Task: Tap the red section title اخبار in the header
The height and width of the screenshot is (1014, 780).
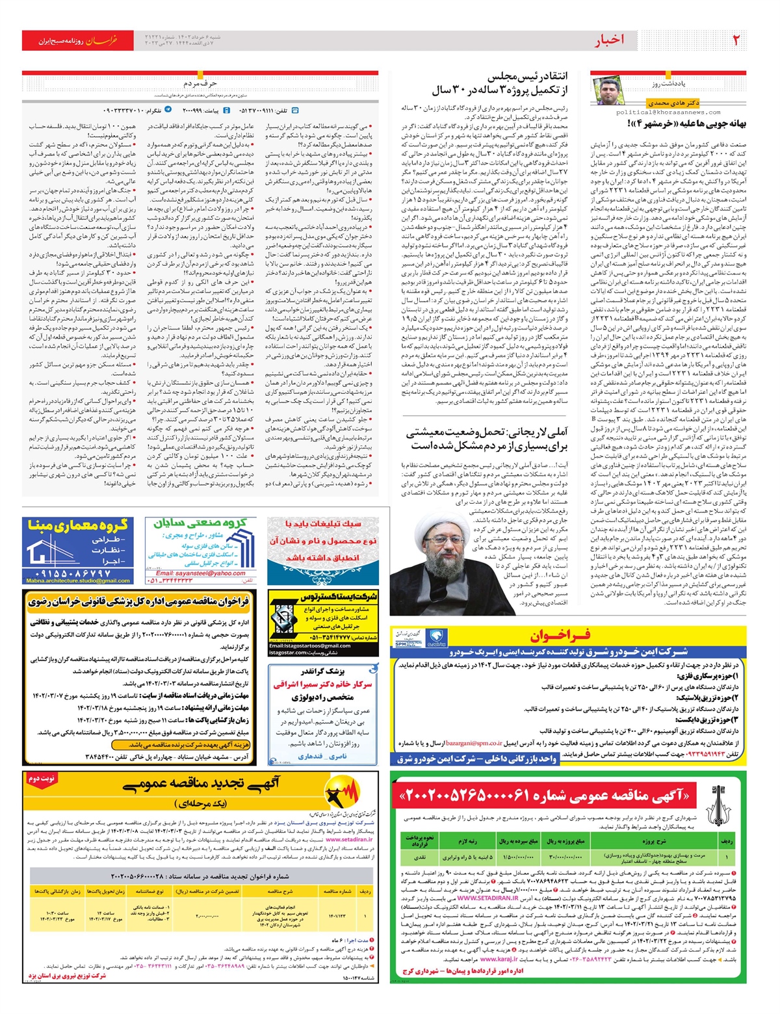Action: point(609,40)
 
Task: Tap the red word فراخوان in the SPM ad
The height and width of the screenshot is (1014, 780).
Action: point(560,636)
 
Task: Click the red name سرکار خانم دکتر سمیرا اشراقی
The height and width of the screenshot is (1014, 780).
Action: point(323,684)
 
